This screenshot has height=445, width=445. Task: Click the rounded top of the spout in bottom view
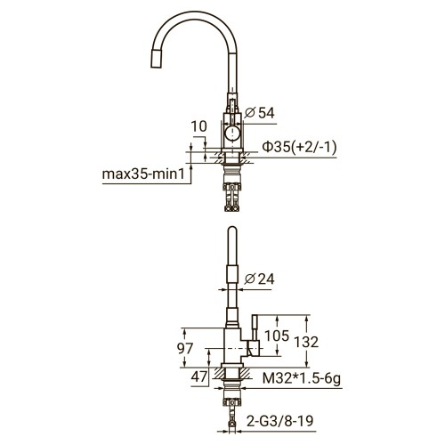[231, 233]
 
